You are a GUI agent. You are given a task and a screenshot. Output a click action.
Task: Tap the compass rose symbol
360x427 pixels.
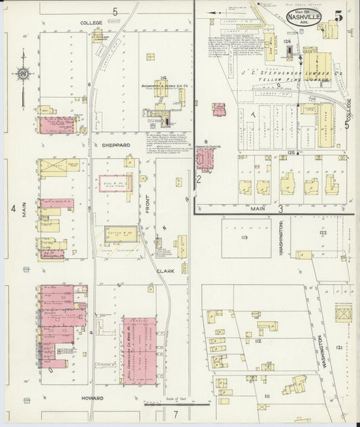click(x=23, y=74)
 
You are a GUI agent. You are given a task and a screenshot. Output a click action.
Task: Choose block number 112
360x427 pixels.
click(x=259, y=342)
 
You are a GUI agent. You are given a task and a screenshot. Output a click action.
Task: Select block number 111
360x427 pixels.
click(x=267, y=395)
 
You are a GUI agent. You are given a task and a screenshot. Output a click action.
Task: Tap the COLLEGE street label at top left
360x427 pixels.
click(x=91, y=23)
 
